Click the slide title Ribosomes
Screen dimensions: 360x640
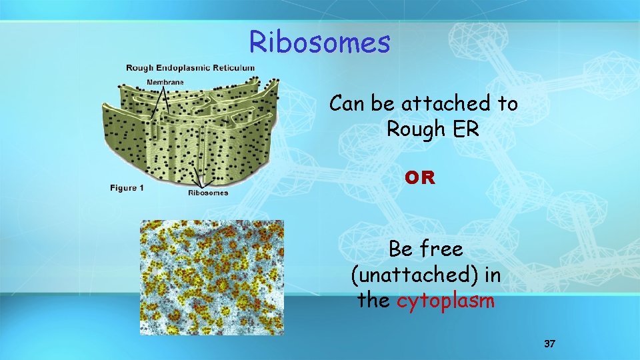pos(319,42)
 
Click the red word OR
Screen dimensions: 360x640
pos(420,178)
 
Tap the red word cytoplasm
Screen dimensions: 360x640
pos(446,301)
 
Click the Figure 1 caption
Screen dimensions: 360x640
pos(127,188)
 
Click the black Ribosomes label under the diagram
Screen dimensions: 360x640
pos(208,193)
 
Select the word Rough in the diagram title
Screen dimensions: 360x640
pos(141,68)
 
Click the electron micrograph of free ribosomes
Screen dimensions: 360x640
pos(211,277)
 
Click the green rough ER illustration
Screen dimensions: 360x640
pos(190,133)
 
